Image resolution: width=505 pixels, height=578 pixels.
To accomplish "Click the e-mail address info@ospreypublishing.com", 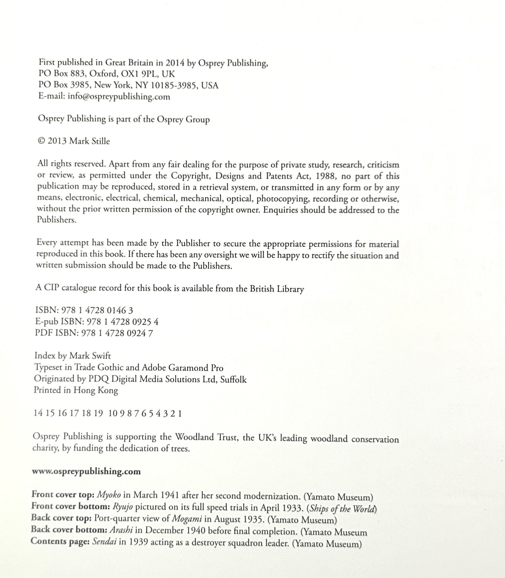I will point(119,96).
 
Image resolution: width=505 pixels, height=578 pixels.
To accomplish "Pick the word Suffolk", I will point(233,380).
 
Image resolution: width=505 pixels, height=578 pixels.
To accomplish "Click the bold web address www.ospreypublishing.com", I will point(86,471).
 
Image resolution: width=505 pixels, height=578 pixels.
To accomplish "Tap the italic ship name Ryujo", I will point(122,506).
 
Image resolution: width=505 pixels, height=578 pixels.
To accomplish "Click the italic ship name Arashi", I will point(121,530).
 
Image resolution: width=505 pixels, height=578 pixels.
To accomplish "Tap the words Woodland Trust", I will point(207,437).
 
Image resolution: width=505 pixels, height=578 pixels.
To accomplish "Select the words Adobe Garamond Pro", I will point(182,368).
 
